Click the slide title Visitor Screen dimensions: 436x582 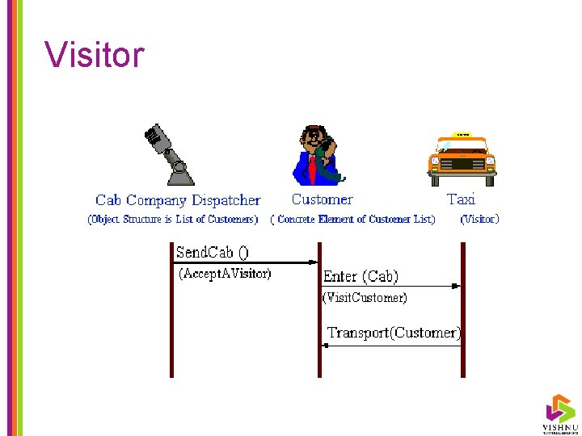point(95,55)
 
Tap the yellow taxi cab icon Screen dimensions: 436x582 point(461,158)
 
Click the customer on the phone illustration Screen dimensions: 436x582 point(318,155)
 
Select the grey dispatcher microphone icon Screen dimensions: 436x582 point(168,154)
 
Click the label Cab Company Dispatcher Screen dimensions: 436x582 point(178,200)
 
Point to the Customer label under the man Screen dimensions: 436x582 point(322,199)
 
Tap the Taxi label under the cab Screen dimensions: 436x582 point(461,199)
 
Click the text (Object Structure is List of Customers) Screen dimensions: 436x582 point(173,219)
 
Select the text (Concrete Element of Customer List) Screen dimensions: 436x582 point(352,219)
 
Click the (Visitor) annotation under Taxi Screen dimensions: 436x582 point(479,219)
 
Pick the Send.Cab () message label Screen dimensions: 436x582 point(213,252)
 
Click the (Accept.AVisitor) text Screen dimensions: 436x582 point(225,274)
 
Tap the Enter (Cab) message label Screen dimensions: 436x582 point(361,276)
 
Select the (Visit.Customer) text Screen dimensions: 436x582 point(365,298)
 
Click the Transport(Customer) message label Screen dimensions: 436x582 point(394,332)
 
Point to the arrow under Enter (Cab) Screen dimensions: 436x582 point(391,285)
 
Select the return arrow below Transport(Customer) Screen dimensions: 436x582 point(391,345)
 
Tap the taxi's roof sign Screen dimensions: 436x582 point(462,135)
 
